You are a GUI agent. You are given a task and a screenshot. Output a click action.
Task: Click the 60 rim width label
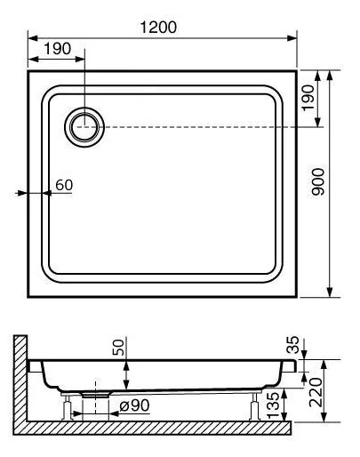point(62,185)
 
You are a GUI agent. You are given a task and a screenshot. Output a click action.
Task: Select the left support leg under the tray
point(68,408)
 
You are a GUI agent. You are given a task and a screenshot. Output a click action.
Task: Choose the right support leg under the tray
point(257,408)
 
